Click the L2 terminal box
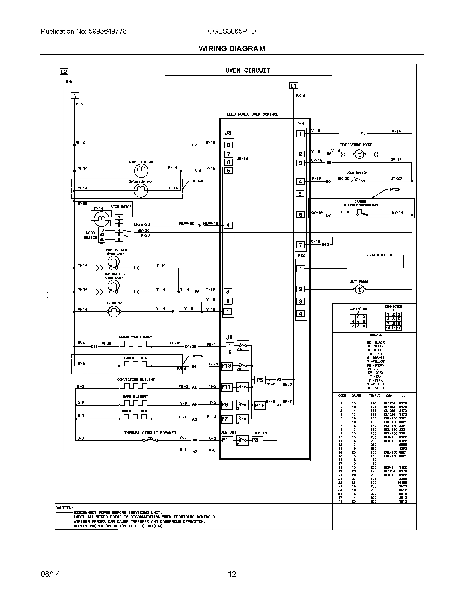click(64, 72)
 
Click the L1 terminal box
click(294, 86)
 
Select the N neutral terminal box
click(75, 96)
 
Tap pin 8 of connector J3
click(228, 145)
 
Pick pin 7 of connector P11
click(301, 245)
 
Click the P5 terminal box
click(260, 380)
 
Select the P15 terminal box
click(260, 406)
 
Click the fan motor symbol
click(114, 311)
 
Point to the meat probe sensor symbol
click(359, 289)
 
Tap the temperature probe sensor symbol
click(359, 154)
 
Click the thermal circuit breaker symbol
click(150, 440)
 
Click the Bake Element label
click(135, 397)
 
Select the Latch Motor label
click(120, 207)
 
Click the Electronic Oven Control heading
click(252, 114)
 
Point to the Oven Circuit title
click(248, 71)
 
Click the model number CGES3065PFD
click(232, 31)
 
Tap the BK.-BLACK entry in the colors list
click(376, 343)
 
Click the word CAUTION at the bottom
click(64, 508)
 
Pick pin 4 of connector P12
click(301, 313)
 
